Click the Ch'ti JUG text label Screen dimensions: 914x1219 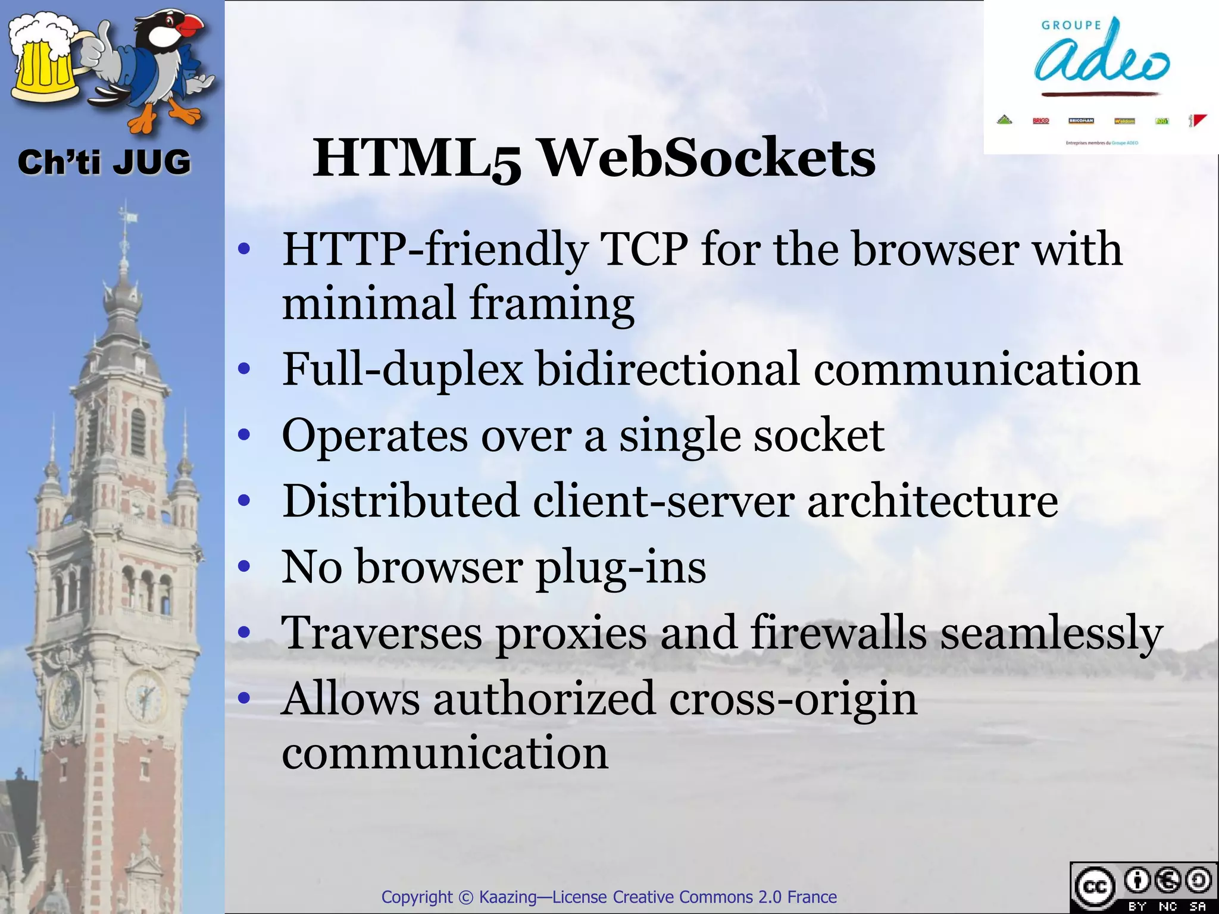pyautogui.click(x=104, y=162)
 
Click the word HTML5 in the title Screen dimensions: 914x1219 pyautogui.click(x=417, y=159)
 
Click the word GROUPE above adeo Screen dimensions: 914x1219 pyautogui.click(x=1071, y=25)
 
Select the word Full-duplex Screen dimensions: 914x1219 pyautogui.click(x=402, y=370)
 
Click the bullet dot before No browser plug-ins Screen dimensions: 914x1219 pyautogui.click(x=243, y=566)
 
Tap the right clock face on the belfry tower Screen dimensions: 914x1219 pyautogui.click(x=144, y=694)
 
